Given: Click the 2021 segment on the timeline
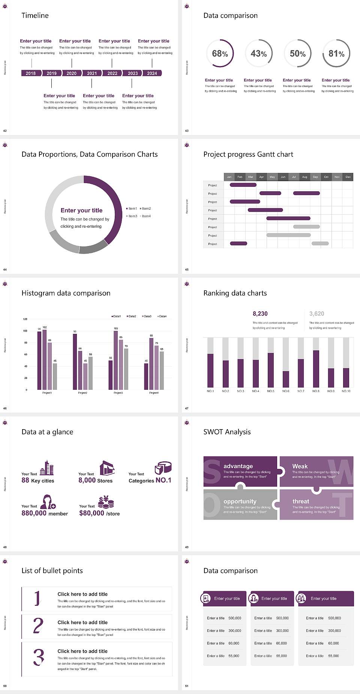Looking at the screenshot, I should (x=92, y=73).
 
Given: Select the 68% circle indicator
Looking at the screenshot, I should (x=220, y=54).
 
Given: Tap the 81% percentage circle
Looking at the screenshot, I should (x=336, y=54).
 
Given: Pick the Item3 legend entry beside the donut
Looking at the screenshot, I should (x=132, y=216).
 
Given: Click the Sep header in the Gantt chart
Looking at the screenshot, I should (x=315, y=177).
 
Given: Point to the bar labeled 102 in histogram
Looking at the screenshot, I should (x=45, y=358).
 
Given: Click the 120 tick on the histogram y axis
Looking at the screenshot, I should (x=25, y=319).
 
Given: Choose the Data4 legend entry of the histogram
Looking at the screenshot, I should (x=162, y=316).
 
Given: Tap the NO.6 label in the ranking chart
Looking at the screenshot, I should (x=286, y=391).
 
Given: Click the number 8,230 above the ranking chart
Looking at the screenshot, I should (x=260, y=314).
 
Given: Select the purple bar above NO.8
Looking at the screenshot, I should (x=316, y=368).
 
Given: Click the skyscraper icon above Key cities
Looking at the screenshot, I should (x=47, y=468).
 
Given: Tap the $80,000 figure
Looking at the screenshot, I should (x=91, y=513).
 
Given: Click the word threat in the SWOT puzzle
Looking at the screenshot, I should (x=301, y=501).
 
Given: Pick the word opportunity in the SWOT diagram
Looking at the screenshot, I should (x=240, y=501).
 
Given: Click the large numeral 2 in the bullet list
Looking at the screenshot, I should (x=38, y=626).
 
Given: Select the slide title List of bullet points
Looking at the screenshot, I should (x=52, y=571).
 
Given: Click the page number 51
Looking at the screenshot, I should (x=187, y=686).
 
